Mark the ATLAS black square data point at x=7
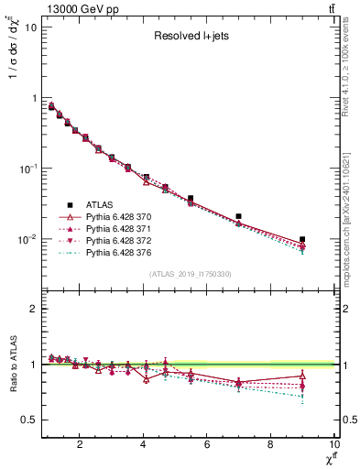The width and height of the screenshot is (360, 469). pyautogui.click(x=238, y=217)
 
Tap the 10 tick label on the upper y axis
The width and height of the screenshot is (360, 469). pyautogui.click(x=30, y=27)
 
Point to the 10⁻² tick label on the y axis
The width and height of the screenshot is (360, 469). pyautogui.click(x=27, y=240)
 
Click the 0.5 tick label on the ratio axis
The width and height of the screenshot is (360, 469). pyautogui.click(x=28, y=420)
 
